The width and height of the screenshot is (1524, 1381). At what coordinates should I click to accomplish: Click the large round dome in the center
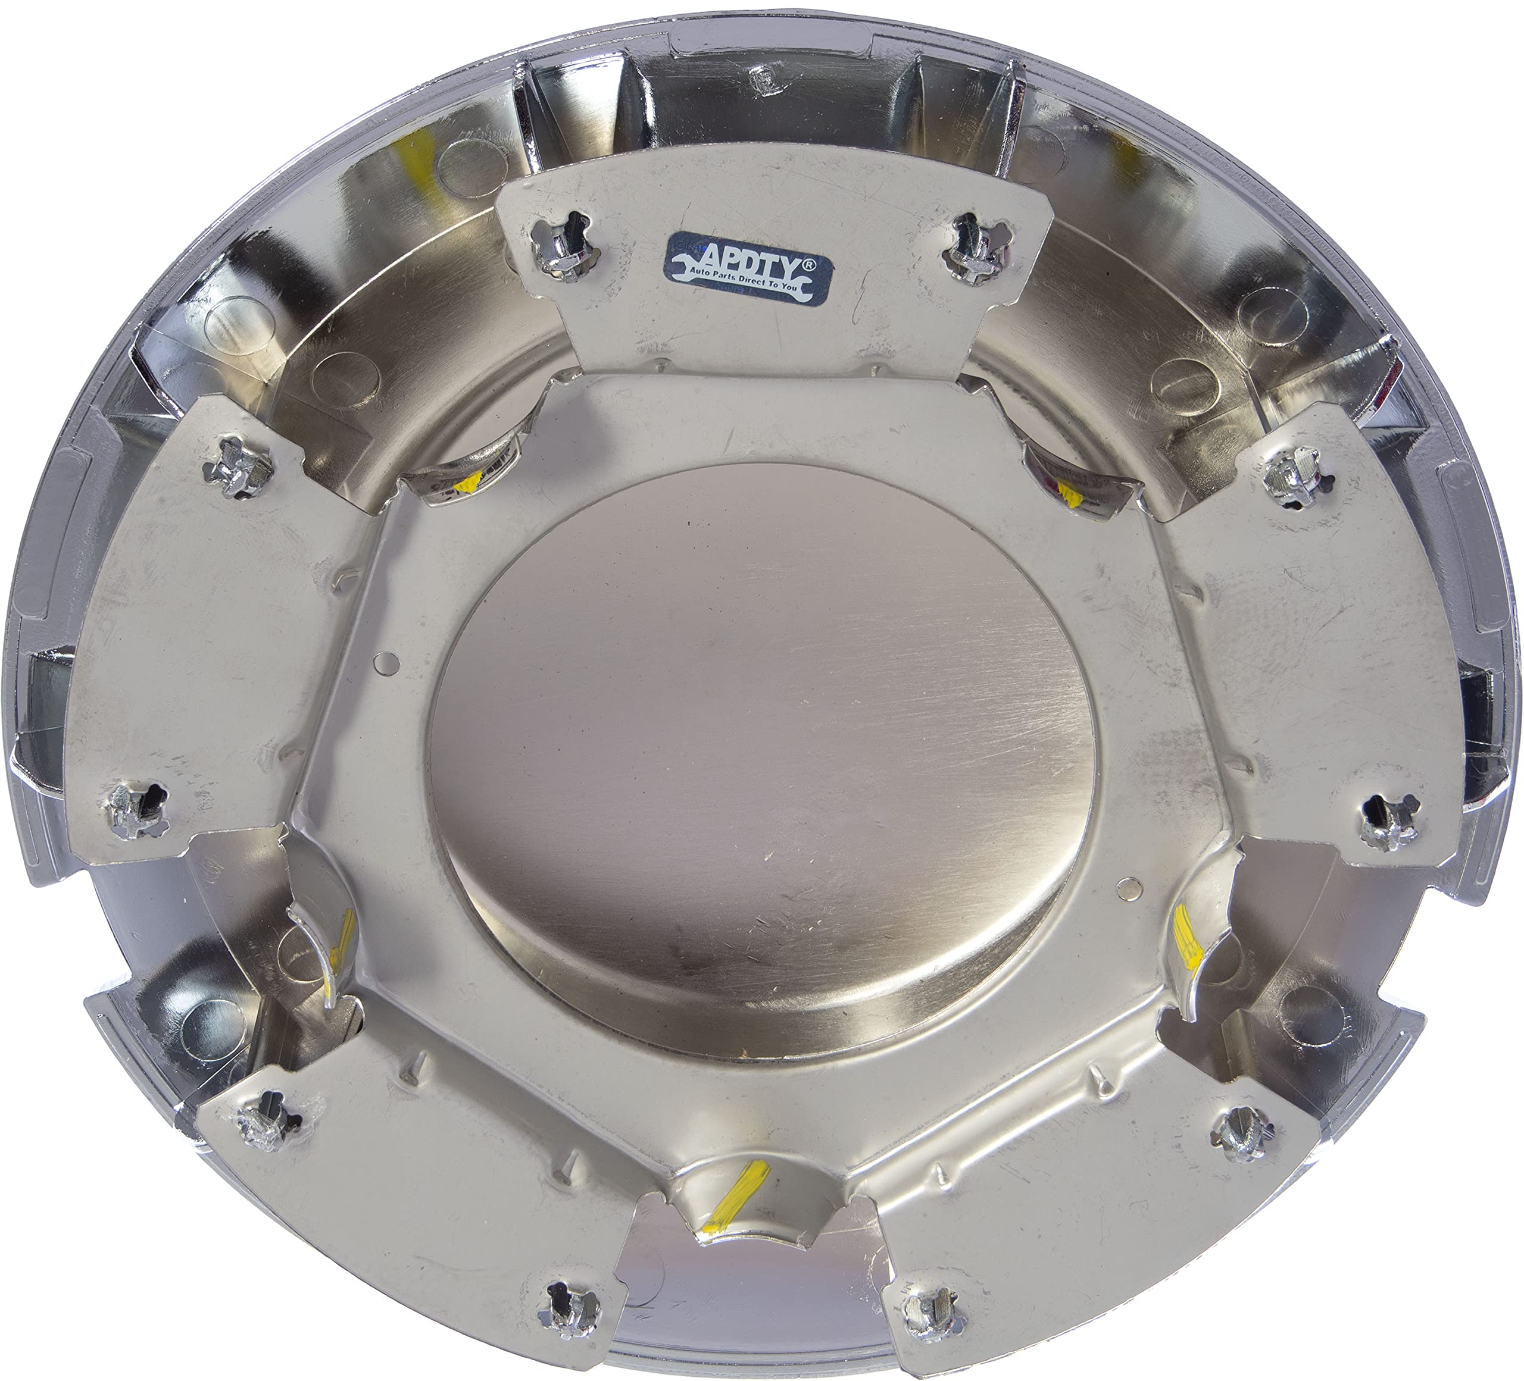764,756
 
